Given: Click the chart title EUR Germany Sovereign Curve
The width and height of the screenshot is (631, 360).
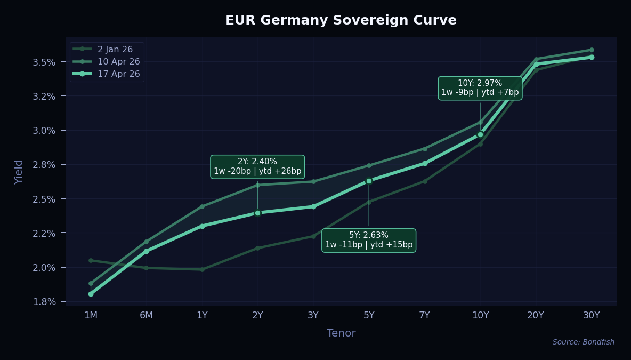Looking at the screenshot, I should pyautogui.click(x=341, y=20).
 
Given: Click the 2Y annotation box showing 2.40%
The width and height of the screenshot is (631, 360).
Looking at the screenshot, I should pyautogui.click(x=257, y=166).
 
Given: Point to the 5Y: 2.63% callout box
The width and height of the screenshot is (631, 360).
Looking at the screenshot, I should pyautogui.click(x=369, y=240).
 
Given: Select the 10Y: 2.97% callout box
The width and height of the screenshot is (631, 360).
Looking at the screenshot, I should pyautogui.click(x=480, y=88).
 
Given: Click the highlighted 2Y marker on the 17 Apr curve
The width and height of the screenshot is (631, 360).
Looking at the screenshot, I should pyautogui.click(x=257, y=213).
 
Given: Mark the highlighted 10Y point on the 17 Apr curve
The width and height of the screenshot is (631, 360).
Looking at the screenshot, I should pyautogui.click(x=480, y=134).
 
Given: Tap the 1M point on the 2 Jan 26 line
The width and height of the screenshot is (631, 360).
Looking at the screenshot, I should pyautogui.click(x=91, y=260).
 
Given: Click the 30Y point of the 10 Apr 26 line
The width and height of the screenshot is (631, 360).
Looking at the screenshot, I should pyautogui.click(x=592, y=50).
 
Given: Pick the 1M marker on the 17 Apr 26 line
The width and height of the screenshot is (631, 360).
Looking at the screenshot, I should pyautogui.click(x=91, y=294).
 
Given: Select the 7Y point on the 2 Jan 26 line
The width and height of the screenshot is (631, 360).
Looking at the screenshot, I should pyautogui.click(x=425, y=181).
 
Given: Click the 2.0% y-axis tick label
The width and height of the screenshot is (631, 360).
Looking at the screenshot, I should pyautogui.click(x=45, y=267).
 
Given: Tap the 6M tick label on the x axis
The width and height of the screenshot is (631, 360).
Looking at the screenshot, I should pyautogui.click(x=147, y=315).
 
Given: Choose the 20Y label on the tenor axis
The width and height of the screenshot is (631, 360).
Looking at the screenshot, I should pyautogui.click(x=536, y=315).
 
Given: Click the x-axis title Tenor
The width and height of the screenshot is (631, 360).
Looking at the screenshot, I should pyautogui.click(x=341, y=333).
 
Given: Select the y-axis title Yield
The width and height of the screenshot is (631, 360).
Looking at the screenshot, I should pyautogui.click(x=19, y=172).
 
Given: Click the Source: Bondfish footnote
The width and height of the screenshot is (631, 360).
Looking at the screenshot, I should pyautogui.click(x=583, y=342).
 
